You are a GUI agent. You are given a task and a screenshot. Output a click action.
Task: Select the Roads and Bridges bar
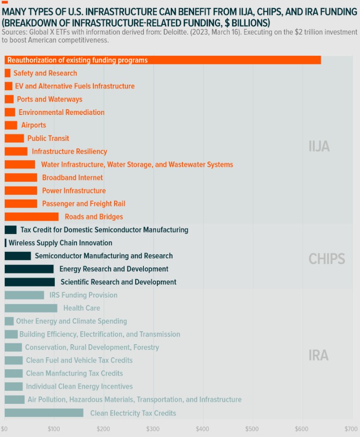click(31, 217)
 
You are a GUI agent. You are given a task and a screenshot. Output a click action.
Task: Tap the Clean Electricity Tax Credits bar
click(44, 413)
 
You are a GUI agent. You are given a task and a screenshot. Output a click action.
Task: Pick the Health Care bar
click(31, 308)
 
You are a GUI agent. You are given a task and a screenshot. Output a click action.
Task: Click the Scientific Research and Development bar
click(29, 282)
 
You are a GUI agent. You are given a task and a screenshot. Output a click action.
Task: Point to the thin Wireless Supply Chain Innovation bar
click(6, 243)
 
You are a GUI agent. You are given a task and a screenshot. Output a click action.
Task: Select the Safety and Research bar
click(7, 73)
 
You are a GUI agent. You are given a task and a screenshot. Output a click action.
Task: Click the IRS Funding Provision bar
click(24, 295)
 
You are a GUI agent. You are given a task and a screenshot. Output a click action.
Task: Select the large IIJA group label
click(319, 146)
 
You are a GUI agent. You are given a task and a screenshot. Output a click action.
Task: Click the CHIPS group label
click(327, 259)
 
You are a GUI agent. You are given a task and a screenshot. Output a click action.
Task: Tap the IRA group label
click(319, 355)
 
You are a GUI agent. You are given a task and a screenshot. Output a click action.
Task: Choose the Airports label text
click(34, 125)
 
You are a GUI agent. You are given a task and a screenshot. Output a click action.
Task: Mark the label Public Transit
click(48, 138)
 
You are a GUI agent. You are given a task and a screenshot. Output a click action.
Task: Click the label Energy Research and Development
click(114, 269)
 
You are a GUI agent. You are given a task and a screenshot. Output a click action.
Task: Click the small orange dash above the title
click(5, 2)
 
